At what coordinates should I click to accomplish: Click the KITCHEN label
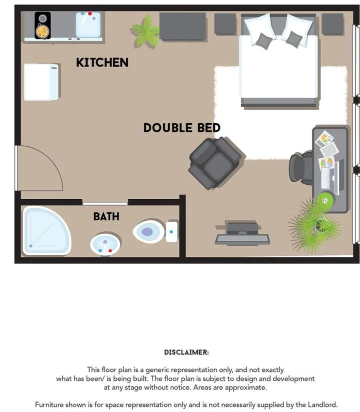tap(102, 63)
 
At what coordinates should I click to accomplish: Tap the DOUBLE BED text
tap(182, 128)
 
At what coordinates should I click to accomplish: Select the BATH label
tap(106, 216)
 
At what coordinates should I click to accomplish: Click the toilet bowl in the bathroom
tap(149, 232)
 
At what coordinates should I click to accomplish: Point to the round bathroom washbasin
tap(105, 245)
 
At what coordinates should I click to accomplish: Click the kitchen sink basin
tap(88, 24)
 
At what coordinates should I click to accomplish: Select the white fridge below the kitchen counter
tap(41, 82)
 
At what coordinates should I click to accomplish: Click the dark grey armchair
tap(216, 163)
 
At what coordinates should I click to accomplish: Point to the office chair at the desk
tap(301, 167)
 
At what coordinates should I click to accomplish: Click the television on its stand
tap(242, 234)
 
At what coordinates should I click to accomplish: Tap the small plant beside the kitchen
tap(145, 32)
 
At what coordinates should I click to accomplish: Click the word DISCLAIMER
tap(186, 352)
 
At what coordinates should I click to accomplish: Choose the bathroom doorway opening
tap(105, 203)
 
